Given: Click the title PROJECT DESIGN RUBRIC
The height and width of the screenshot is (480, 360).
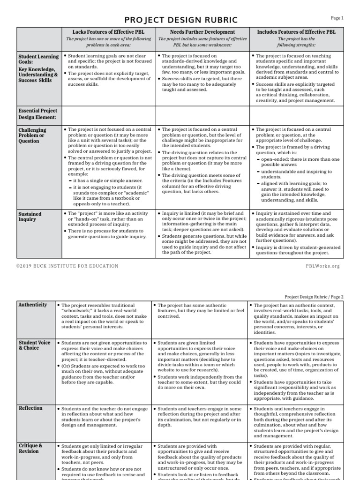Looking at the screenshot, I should [180, 20].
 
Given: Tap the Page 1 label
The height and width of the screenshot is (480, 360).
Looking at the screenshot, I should [337, 18].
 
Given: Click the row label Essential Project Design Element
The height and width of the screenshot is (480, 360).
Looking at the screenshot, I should [37, 114].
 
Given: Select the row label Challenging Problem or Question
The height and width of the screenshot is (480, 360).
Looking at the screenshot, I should [32, 135].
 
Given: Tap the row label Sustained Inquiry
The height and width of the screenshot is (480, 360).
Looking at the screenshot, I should [30, 217].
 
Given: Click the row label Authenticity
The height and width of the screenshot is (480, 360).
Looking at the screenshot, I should [32, 305].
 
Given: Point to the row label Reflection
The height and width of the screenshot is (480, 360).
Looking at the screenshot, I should [30, 408].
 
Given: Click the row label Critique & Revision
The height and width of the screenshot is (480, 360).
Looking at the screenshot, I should [30, 448].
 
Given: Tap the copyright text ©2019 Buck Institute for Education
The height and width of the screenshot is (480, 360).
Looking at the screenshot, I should [67, 266].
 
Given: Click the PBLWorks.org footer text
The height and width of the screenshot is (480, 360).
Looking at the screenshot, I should [322, 266].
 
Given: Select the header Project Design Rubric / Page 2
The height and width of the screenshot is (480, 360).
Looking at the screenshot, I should [314, 297].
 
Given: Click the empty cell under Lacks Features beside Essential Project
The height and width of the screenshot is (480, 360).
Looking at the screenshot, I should [107, 114].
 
